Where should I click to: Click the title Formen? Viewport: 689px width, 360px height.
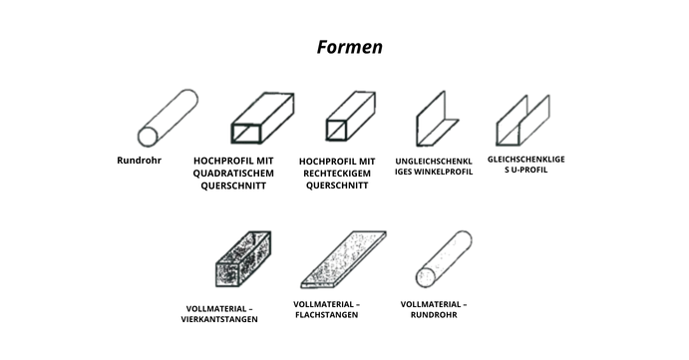[x=349, y=47]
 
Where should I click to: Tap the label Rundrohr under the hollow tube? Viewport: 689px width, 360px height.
[x=139, y=161]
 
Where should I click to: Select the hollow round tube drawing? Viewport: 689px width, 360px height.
[x=168, y=118]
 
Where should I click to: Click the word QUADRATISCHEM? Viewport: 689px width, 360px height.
[x=233, y=174]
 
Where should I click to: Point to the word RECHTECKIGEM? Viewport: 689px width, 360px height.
[x=337, y=174]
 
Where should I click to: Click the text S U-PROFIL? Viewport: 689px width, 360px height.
[x=526, y=170]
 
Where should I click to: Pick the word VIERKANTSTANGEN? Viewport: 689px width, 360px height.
[x=219, y=319]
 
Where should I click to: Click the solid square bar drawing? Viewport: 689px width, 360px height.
[x=243, y=259]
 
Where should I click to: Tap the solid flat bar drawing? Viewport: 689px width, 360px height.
[x=343, y=259]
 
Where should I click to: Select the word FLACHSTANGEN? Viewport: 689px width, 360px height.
[x=326, y=315]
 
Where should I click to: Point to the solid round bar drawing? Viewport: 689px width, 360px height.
[x=444, y=259]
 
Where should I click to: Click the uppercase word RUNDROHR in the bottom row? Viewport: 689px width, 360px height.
[x=434, y=315]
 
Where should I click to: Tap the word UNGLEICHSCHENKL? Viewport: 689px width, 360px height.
[x=434, y=162]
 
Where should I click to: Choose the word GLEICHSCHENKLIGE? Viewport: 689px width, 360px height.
[x=526, y=160]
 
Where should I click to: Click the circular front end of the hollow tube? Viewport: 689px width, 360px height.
[x=148, y=137]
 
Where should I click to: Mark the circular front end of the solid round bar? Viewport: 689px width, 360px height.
[x=426, y=278]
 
